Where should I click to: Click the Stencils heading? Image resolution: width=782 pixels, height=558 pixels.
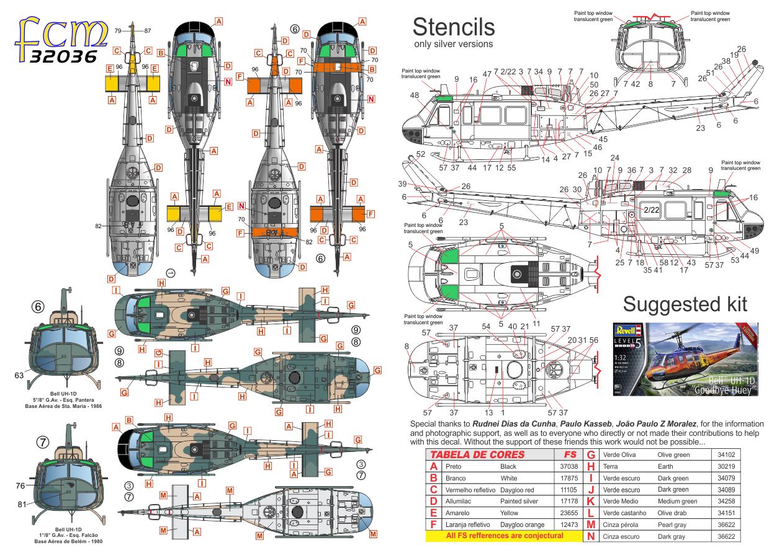[454, 27]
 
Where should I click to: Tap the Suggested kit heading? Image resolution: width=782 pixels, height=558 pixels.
[685, 304]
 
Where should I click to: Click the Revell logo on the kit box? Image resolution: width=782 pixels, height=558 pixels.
[625, 330]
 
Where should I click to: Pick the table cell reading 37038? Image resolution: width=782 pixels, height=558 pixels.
[569, 466]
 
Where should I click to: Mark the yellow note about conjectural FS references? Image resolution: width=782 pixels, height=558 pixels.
[505, 536]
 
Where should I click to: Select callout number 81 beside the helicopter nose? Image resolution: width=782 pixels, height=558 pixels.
[23, 504]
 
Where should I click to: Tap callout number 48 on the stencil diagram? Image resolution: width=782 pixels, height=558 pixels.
[414, 95]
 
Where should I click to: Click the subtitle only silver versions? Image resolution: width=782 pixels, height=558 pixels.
[453, 44]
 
